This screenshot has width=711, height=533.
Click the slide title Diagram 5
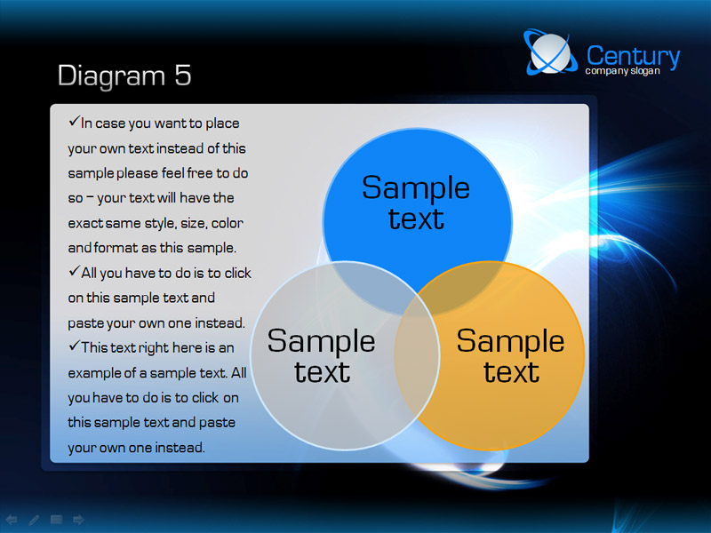tap(124, 76)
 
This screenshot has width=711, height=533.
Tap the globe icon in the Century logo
tap(550, 52)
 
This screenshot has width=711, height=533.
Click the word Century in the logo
tap(633, 56)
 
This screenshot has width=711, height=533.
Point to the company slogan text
tap(622, 71)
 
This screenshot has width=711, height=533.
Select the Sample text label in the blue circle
tap(416, 203)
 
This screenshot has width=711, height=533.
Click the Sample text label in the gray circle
tap(321, 356)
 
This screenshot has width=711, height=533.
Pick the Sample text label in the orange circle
tap(510, 356)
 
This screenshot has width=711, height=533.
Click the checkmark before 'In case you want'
tap(74, 121)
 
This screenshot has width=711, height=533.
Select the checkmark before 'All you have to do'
tap(74, 271)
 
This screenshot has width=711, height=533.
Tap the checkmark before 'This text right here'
tap(74, 346)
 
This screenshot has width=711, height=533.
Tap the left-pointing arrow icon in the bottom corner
tap(12, 520)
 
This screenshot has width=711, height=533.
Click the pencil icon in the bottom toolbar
tap(34, 520)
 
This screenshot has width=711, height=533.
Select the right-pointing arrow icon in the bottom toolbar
tap(78, 520)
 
